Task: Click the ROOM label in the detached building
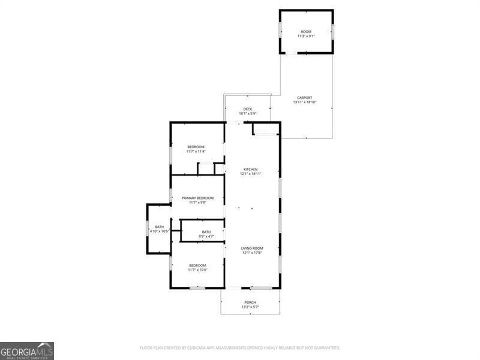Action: (x=306, y=31)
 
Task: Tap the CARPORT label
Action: (x=305, y=98)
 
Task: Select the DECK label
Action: (x=248, y=109)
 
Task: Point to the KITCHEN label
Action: (x=250, y=169)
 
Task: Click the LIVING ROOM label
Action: (x=252, y=248)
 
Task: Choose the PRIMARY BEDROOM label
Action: (x=198, y=198)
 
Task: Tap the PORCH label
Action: (x=250, y=302)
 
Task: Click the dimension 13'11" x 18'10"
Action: (x=305, y=103)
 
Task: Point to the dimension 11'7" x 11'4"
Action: (x=196, y=152)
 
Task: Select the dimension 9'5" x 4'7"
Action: (x=206, y=236)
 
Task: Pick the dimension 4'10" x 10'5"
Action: (x=160, y=231)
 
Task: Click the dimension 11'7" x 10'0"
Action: (x=197, y=270)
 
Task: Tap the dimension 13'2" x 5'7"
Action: (x=250, y=307)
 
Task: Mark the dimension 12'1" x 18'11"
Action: (x=250, y=174)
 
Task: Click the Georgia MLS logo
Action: (x=27, y=350)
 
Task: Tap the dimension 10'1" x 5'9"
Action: (x=248, y=113)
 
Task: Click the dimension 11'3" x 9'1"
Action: (x=306, y=36)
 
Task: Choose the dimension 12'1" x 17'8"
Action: (x=252, y=253)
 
